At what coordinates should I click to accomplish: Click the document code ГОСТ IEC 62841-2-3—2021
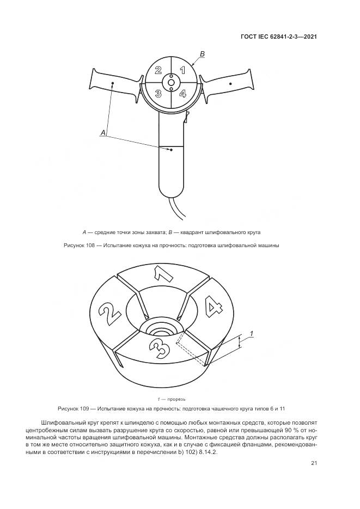[279, 36]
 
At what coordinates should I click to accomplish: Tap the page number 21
[314, 463]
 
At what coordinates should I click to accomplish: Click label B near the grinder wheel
[202, 54]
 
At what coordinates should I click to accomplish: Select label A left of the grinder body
[103, 132]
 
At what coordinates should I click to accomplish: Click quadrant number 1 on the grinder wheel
[182, 70]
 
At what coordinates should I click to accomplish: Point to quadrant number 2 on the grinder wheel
[158, 70]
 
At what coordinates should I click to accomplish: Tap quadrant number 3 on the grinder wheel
[158, 94]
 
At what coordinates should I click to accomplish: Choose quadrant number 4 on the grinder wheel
[182, 94]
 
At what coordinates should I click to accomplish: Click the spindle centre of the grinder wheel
[170, 83]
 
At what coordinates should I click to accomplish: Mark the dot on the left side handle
[113, 83]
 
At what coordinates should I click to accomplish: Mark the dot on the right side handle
[230, 83]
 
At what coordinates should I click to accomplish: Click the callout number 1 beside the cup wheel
[251, 332]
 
